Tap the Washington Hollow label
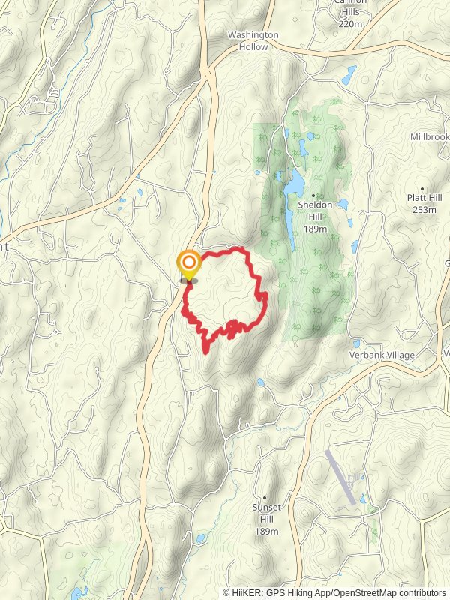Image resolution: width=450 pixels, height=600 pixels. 253,40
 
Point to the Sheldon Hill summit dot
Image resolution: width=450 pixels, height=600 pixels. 313,196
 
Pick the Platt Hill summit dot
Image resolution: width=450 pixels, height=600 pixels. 422,188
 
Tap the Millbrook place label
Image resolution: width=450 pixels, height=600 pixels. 429,137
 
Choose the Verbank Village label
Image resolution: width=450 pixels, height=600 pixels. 382,355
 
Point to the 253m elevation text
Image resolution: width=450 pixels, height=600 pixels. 424,210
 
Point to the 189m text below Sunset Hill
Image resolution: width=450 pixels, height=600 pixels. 266,531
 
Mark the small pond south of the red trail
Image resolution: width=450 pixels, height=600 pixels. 259,382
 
